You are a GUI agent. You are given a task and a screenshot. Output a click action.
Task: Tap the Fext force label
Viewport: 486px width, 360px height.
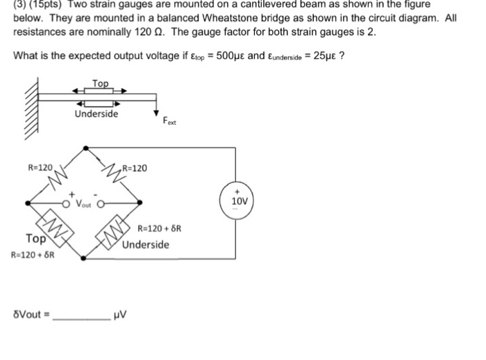coord(170,123)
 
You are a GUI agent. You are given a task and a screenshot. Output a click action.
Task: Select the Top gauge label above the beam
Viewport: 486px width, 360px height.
coord(101,83)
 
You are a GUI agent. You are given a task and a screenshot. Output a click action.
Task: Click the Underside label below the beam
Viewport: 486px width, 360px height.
coord(97,114)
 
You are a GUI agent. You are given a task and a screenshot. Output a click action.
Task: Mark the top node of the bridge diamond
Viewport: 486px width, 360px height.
coord(85,148)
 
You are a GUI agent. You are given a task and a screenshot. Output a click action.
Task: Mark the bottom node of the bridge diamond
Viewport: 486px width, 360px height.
coord(84,258)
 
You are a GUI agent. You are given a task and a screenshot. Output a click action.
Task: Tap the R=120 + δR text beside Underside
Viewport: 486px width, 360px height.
coord(160,230)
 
